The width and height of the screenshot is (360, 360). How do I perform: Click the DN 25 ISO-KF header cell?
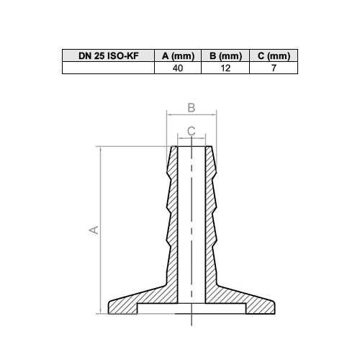pos(109,56)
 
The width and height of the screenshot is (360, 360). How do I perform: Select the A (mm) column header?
pos(178,56)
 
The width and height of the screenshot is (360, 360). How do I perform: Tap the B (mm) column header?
pos(225,56)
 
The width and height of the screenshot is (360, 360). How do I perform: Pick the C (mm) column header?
pos(274,56)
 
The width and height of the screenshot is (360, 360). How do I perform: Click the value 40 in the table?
pos(178,68)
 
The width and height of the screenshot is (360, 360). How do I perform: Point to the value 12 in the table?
pos(225,68)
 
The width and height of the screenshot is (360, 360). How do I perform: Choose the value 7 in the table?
pos(274,68)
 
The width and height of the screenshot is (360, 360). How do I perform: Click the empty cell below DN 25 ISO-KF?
pos(108,68)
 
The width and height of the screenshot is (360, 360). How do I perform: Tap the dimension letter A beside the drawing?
pos(94,230)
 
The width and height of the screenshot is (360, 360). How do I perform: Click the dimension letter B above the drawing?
pos(192,108)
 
